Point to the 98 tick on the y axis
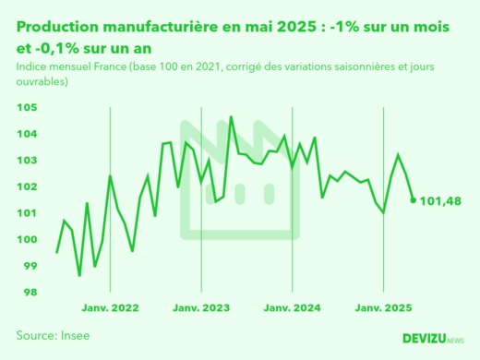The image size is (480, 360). tap(30, 293)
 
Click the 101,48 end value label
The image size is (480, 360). tap(440, 200)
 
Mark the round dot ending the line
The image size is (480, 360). tap(414, 199)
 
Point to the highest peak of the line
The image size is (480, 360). tap(231, 117)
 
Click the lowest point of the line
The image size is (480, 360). tap(79, 275)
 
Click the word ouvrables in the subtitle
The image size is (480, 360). tap(43, 82)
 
